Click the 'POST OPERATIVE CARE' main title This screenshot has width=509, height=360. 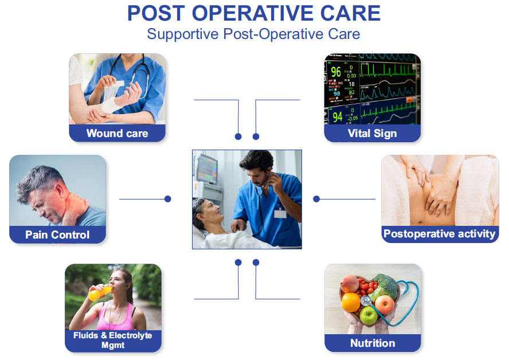point(253,14)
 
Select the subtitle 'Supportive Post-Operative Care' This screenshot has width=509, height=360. point(253,34)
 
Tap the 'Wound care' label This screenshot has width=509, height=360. point(117,134)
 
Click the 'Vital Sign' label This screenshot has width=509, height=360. point(372,134)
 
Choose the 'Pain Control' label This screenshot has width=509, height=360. point(57,234)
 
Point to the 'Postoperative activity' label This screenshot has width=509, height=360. point(439,233)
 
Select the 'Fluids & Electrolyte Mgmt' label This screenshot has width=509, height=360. point(112,340)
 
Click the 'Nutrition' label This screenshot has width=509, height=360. point(373,343)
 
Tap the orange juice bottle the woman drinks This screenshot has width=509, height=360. point(99,292)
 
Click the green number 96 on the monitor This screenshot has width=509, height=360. point(336,72)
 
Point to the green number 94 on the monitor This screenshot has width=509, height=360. point(337,117)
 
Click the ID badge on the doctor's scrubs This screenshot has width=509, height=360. point(280,214)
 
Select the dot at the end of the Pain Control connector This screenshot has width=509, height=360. point(168,199)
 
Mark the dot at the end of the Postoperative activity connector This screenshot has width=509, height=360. point(316,199)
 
